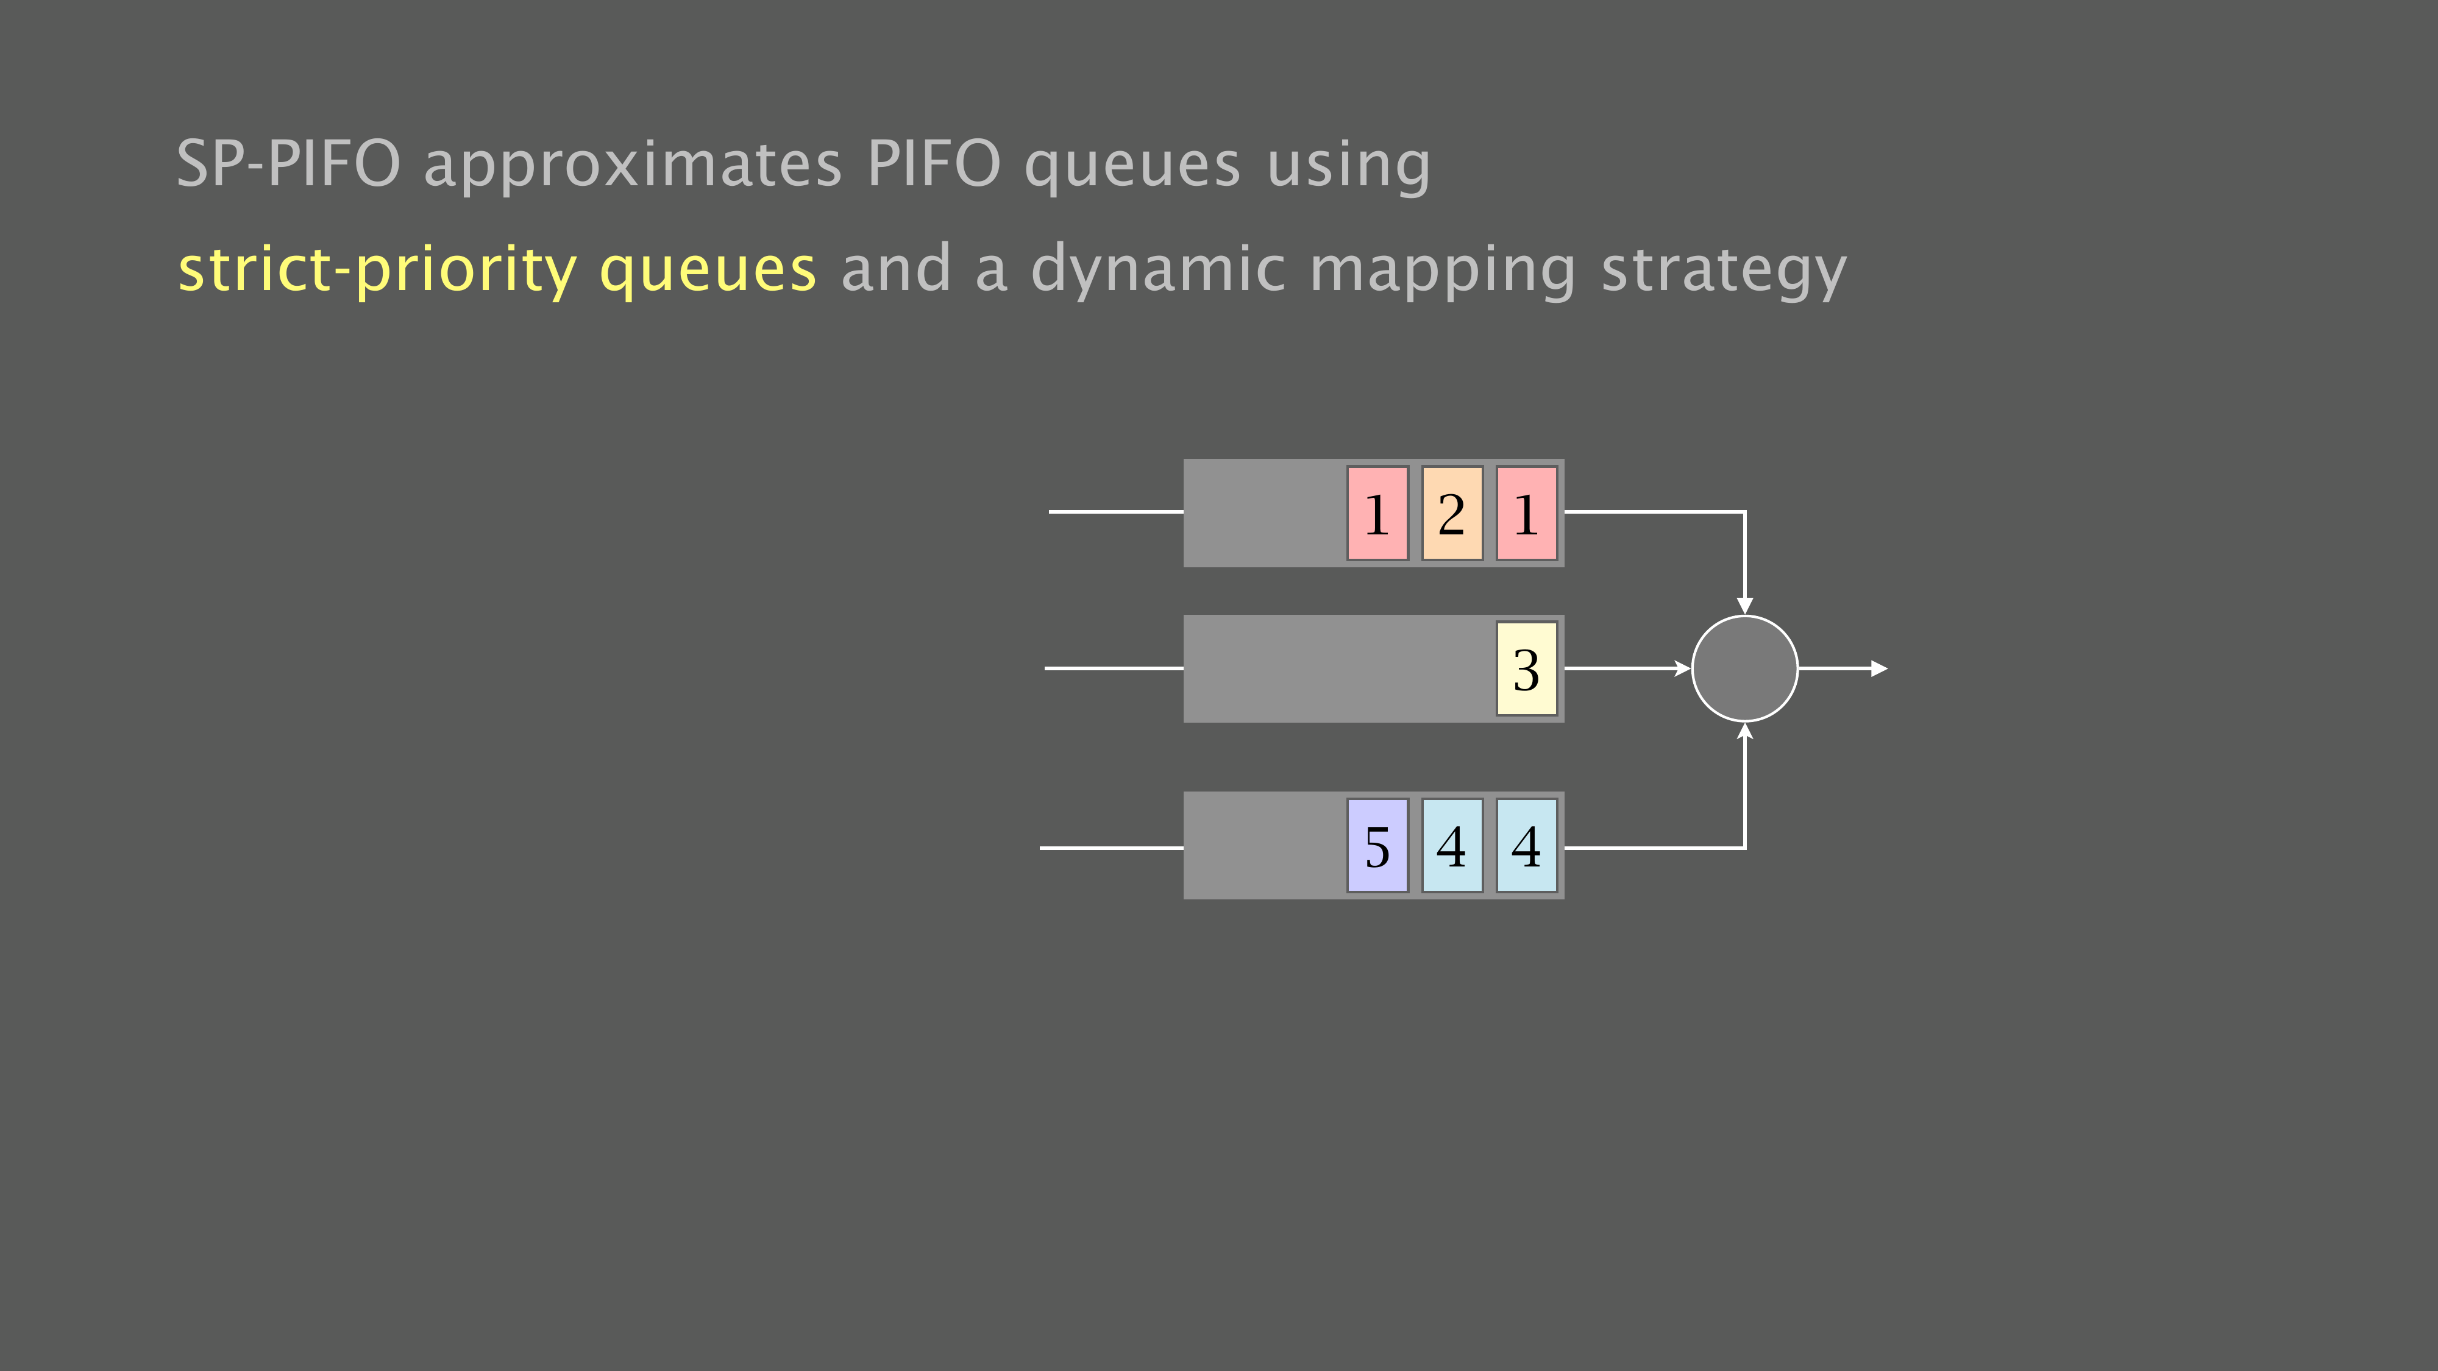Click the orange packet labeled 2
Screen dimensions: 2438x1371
pyautogui.click(x=1452, y=513)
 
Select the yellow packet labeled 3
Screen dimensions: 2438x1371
pyautogui.click(x=1527, y=668)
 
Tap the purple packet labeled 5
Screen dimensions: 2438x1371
pyautogui.click(x=1378, y=845)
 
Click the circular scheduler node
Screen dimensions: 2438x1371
pyautogui.click(x=1744, y=668)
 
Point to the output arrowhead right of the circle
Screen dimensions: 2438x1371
pyautogui.click(x=1880, y=668)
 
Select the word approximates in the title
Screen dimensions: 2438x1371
pyautogui.click(x=632, y=168)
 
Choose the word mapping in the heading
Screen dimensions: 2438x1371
pyautogui.click(x=1442, y=272)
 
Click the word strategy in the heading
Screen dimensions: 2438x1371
pyautogui.click(x=1724, y=272)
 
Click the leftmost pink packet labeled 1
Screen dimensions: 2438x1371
pyautogui.click(x=1378, y=513)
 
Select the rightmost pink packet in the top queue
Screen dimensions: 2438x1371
pyautogui.click(x=1527, y=513)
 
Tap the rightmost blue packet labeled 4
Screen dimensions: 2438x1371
pyautogui.click(x=1527, y=845)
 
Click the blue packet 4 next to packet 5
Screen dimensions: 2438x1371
pyautogui.click(x=1452, y=845)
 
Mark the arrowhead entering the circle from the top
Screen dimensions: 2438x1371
pyautogui.click(x=1744, y=606)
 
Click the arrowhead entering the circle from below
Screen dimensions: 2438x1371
pyautogui.click(x=1744, y=731)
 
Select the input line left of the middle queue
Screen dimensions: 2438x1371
pyautogui.click(x=1114, y=668)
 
